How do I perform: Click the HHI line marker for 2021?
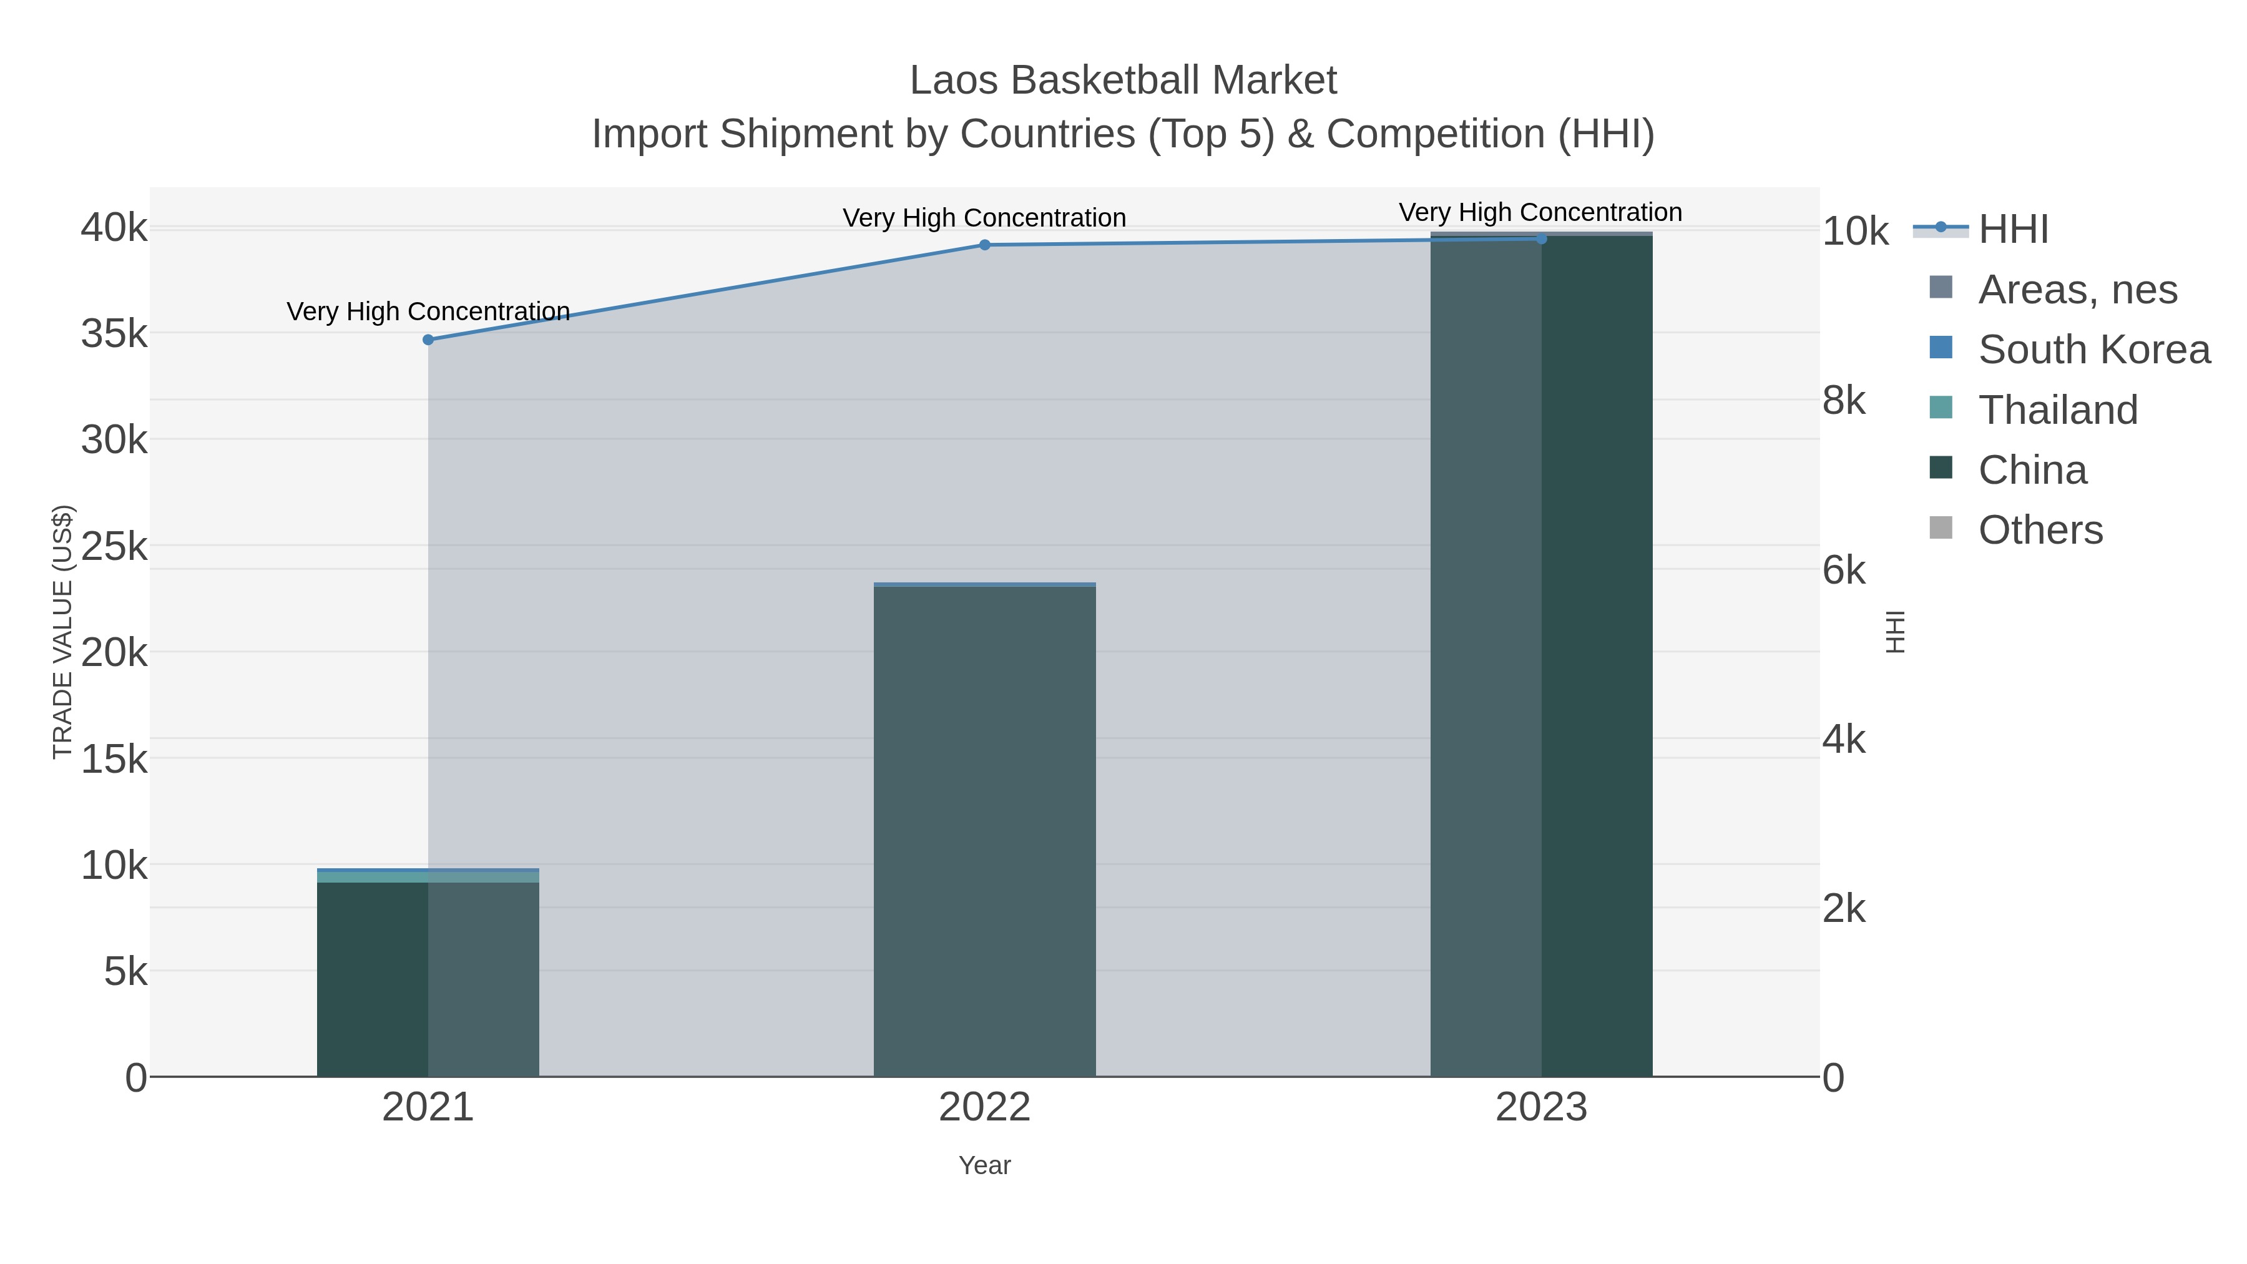[x=428, y=340]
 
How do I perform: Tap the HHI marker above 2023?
[x=1540, y=239]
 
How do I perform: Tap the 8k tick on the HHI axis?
[x=1843, y=401]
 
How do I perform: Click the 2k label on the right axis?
[x=1843, y=909]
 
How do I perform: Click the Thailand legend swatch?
[x=1940, y=408]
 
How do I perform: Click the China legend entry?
[x=2032, y=470]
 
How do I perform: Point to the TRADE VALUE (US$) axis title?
[x=63, y=632]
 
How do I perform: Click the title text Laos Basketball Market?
[x=1123, y=81]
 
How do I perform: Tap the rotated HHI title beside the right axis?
[x=1894, y=632]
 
